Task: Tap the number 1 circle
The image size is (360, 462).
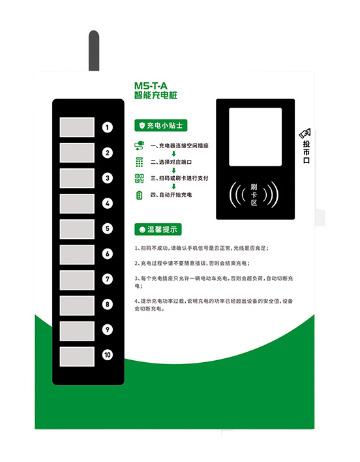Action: click(108, 127)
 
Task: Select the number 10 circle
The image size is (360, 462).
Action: click(108, 355)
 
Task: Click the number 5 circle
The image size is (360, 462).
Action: click(108, 229)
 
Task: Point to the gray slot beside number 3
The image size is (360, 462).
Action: click(78, 178)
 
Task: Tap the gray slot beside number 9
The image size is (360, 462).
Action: click(78, 331)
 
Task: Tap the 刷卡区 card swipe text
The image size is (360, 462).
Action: click(254, 194)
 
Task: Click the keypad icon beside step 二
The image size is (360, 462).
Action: click(138, 162)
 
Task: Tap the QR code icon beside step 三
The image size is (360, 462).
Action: click(138, 179)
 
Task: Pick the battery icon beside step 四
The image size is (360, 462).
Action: click(138, 195)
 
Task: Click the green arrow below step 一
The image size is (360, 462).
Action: click(174, 154)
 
